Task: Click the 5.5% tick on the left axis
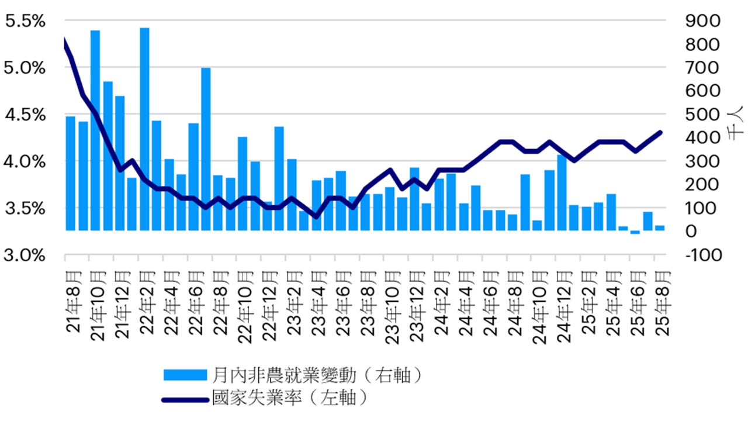[25, 22]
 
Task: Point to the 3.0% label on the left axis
[25, 255]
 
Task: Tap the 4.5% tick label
[25, 115]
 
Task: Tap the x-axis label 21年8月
[73, 301]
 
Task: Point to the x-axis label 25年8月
[662, 301]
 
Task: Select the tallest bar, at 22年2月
[144, 129]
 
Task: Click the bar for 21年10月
[95, 130]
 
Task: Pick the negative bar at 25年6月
[635, 232]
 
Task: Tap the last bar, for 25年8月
[660, 228]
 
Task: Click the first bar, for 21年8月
[70, 173]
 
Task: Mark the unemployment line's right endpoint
[660, 132]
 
